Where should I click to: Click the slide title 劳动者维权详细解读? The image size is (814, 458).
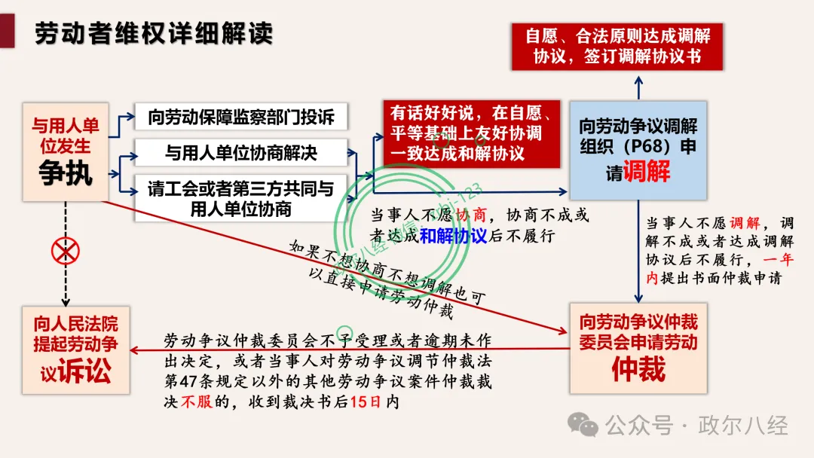tap(154, 33)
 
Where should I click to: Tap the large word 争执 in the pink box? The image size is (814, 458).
tap(66, 173)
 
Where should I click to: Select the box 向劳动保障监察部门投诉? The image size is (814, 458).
tap(240, 118)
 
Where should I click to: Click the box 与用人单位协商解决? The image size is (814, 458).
tap(240, 153)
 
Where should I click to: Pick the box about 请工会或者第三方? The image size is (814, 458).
tap(240, 198)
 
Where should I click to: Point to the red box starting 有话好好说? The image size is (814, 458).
tap(470, 134)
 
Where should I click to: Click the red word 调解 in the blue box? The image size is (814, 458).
tap(647, 172)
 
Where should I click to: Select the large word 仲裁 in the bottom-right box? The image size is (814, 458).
tap(638, 369)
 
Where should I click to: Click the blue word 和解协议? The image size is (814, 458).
tap(453, 235)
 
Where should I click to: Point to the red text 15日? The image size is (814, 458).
tap(367, 402)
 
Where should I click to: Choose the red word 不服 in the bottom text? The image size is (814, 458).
tap(190, 402)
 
